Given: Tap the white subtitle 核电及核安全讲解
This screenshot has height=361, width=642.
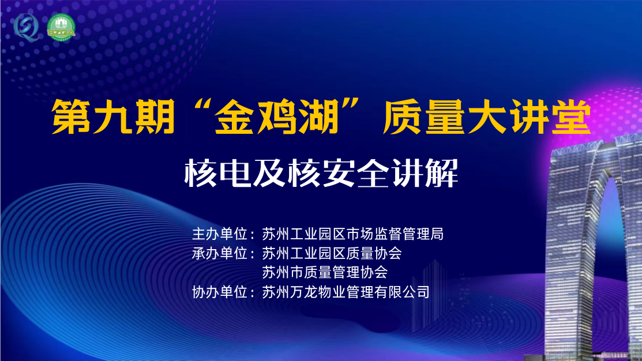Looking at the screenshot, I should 321,171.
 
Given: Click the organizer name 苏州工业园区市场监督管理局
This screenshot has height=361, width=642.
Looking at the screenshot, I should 352,234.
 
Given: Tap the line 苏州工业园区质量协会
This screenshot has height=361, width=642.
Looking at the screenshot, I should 332,253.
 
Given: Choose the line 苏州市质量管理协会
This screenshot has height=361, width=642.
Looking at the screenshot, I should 325,272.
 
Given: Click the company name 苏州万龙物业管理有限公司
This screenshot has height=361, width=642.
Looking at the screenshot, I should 346,292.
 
